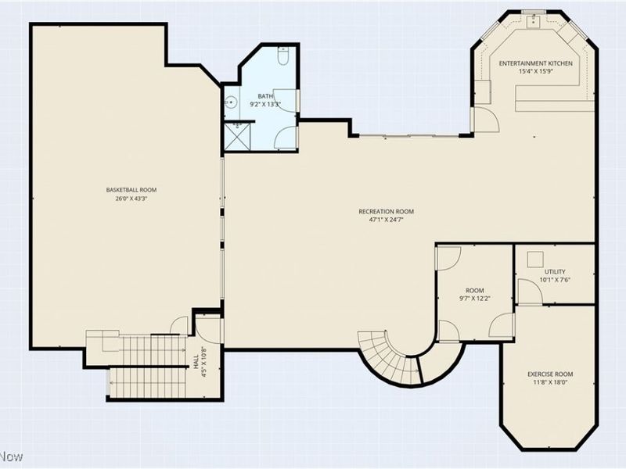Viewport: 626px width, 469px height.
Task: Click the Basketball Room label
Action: point(131,190)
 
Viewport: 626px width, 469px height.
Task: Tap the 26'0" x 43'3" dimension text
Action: point(131,199)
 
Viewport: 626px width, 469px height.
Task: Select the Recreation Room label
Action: point(386,211)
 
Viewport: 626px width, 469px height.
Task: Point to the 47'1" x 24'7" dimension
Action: point(386,220)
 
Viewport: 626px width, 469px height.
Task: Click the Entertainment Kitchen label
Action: point(536,63)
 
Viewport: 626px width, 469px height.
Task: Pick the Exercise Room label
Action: point(550,374)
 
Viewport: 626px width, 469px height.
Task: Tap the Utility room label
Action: point(555,271)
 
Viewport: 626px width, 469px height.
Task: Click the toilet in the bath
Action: point(282,55)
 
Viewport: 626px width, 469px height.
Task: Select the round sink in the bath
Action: point(231,102)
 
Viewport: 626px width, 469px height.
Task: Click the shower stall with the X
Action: point(238,136)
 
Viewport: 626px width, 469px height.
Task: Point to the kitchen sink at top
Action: point(533,20)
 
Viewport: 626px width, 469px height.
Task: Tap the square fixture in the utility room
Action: point(535,260)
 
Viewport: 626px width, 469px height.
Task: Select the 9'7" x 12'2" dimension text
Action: point(475,299)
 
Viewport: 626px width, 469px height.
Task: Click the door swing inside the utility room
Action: point(530,292)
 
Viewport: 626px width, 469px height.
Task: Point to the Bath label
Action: point(265,96)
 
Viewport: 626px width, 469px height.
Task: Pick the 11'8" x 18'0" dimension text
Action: point(550,382)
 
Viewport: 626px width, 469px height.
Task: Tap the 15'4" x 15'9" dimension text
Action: point(536,72)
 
